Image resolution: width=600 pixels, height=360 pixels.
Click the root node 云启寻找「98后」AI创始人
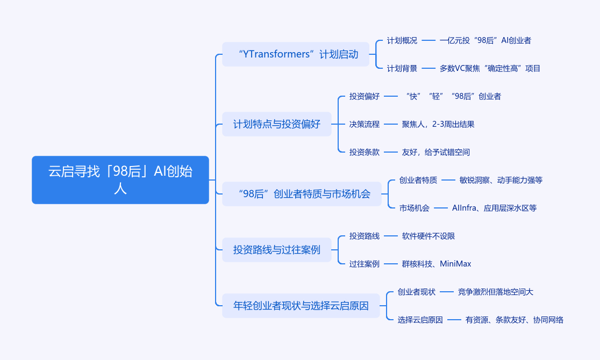(120, 180)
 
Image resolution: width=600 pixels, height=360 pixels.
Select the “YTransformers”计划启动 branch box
(296, 54)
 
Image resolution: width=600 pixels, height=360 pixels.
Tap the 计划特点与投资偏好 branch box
(276, 124)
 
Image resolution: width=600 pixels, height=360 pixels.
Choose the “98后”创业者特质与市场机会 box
(302, 194)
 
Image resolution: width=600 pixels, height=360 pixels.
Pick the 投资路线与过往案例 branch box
(276, 250)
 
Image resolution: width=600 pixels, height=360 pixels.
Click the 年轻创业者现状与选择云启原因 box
(301, 306)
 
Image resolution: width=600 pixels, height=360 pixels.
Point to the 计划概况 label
(402, 40)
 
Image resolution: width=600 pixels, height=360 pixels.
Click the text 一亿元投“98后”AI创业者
(485, 40)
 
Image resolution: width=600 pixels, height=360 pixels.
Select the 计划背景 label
(402, 68)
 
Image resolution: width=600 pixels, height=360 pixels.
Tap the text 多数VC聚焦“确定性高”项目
(490, 68)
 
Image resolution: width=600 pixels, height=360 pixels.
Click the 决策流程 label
(364, 124)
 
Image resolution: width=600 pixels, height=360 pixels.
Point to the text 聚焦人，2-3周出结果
(438, 124)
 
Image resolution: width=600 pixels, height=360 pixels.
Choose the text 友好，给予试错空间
(435, 152)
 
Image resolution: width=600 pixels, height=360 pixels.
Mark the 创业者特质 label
(418, 180)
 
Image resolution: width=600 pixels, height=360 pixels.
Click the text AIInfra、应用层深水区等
(494, 208)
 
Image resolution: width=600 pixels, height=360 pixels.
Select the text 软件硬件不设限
(428, 236)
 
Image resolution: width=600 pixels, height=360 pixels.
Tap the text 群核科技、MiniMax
(436, 264)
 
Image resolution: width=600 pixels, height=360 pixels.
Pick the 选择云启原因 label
(420, 320)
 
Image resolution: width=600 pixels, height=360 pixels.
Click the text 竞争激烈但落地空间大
(495, 292)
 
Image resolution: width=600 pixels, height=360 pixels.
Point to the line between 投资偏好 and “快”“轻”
(391, 96)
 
